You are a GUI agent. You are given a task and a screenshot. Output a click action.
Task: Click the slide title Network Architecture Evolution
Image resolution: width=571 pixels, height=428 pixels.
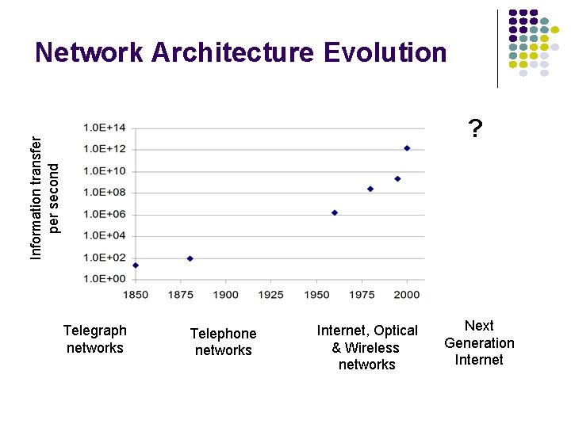pos(241,52)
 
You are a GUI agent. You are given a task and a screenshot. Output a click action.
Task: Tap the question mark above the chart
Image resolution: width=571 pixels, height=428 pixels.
pos(474,128)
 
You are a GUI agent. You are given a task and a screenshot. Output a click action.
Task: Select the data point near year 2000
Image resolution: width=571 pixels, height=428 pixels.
pos(407,147)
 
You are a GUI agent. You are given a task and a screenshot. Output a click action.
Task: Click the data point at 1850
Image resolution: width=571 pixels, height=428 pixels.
pos(136,266)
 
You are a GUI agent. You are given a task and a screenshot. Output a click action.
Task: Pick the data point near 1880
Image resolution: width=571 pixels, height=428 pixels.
pos(190,258)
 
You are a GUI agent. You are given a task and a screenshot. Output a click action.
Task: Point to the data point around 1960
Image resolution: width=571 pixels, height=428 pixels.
pos(335,212)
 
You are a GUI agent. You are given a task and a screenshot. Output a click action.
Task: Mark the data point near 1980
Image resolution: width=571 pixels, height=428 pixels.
pos(370,189)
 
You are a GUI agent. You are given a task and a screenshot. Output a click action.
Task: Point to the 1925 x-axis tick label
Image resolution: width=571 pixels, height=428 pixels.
pos(271,295)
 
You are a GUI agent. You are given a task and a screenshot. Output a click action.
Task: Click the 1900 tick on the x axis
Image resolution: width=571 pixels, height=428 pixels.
pos(226,295)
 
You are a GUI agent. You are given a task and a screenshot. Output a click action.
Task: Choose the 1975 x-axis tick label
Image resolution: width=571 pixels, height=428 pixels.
pos(362,295)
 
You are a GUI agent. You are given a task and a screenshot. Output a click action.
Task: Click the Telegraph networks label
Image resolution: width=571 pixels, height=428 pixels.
pos(94,339)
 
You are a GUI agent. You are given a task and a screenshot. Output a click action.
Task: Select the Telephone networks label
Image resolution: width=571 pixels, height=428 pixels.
pos(223,342)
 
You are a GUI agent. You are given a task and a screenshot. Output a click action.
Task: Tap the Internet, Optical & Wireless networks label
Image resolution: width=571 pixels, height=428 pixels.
pos(366,347)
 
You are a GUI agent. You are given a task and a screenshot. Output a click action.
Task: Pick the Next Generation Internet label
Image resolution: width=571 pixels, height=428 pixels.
pos(479,342)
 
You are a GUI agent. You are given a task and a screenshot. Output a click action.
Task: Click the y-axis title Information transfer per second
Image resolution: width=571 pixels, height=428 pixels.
pos(44,197)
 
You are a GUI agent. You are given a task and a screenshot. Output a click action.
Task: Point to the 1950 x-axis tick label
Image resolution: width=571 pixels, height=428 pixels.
pos(316,295)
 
